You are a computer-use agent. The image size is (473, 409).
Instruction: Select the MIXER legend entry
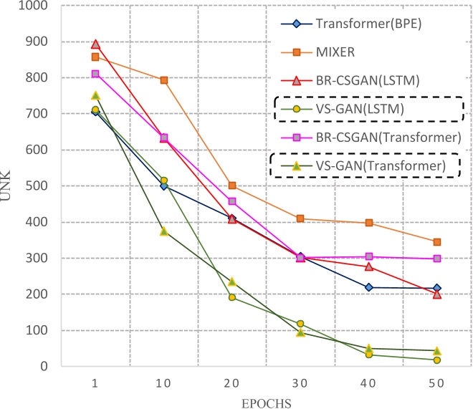pyautogui.click(x=336, y=51)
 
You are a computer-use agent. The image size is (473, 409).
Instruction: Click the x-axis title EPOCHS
pyautogui.click(x=266, y=403)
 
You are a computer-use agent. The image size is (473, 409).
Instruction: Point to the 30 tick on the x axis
pyautogui.click(x=300, y=384)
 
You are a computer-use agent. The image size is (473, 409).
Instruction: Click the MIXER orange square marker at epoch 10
pyautogui.click(x=164, y=80)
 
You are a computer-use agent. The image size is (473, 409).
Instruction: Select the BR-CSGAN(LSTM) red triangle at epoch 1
pyautogui.click(x=95, y=44)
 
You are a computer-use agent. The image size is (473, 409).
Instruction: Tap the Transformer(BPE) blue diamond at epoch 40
pyautogui.click(x=369, y=287)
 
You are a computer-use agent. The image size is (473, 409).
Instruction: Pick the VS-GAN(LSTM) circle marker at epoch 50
pyautogui.click(x=437, y=360)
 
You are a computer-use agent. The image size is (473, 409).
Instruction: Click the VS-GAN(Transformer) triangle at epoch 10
pyautogui.click(x=164, y=231)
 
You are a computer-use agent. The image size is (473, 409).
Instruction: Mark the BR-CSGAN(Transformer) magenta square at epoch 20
pyautogui.click(x=232, y=201)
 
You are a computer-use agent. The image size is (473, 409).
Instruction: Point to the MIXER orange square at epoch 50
pyautogui.click(x=437, y=242)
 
